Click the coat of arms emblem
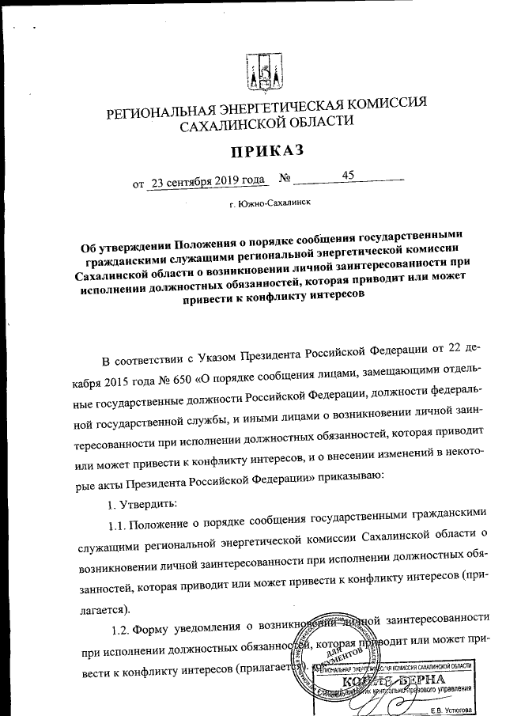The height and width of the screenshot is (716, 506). pyautogui.click(x=261, y=70)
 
